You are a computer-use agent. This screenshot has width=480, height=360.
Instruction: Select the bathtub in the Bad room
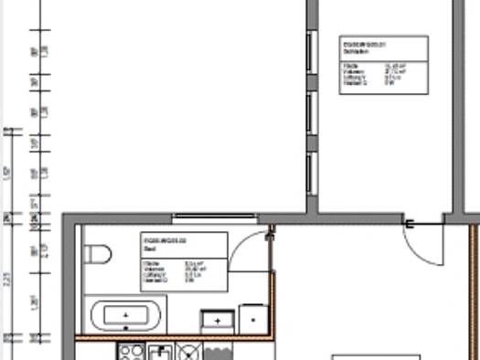[125, 316]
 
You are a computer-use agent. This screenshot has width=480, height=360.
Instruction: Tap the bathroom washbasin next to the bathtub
[217, 320]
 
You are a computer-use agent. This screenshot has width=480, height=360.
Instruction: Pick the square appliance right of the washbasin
[251, 319]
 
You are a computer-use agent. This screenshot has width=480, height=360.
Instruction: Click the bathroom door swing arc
[245, 247]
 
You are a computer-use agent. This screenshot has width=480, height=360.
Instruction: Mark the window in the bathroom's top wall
[214, 217]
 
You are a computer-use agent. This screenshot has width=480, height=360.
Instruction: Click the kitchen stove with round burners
[131, 352]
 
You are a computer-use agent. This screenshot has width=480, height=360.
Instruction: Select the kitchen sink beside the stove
[161, 352]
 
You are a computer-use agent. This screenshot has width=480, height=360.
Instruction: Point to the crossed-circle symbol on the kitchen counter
[189, 352]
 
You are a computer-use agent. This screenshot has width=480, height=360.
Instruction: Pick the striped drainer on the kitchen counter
[218, 352]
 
